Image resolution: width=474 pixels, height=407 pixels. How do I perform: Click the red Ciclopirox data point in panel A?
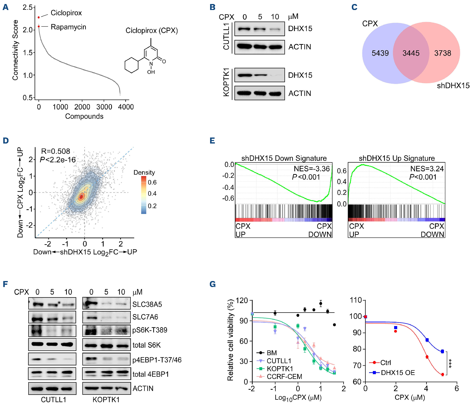(39, 17)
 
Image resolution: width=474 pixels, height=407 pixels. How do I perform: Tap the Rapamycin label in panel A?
(68, 27)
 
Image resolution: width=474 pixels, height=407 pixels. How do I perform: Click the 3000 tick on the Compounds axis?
(104, 107)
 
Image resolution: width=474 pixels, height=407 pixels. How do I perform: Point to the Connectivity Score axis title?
(15, 50)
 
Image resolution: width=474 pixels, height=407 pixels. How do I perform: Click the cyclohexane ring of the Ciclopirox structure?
(131, 65)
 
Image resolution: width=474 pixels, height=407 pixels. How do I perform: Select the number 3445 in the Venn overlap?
(411, 53)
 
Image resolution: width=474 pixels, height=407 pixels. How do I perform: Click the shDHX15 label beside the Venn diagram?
(453, 86)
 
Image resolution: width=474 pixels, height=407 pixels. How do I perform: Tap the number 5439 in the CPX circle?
(380, 53)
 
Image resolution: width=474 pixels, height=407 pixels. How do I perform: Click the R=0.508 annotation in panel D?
(56, 151)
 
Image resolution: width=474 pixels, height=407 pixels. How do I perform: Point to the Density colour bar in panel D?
(144, 195)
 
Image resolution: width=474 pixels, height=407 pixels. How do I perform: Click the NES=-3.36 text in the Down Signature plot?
(312, 169)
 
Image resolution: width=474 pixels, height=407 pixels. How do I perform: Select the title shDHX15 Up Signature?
(397, 158)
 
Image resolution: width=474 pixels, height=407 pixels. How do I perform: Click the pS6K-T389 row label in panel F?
(150, 330)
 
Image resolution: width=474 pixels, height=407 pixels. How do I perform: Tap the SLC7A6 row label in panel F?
(145, 317)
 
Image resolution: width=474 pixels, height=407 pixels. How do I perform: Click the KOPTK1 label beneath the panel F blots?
(106, 399)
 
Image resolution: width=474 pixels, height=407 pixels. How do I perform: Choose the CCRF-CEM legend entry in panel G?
(284, 376)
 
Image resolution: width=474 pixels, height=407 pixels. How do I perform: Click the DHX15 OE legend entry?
(398, 373)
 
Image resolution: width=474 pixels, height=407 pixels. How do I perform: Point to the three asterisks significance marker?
(450, 363)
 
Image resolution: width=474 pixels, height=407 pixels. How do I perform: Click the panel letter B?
(213, 7)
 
